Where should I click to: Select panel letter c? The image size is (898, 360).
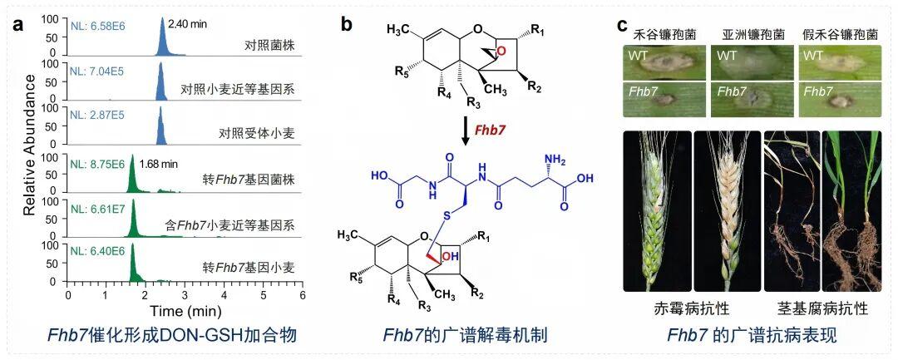621,25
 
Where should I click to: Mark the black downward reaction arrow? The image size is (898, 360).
467,131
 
